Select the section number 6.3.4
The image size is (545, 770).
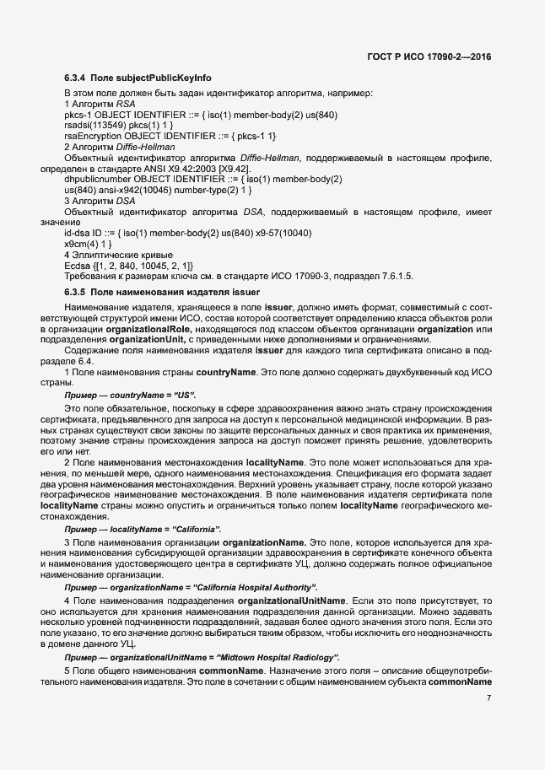77,78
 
